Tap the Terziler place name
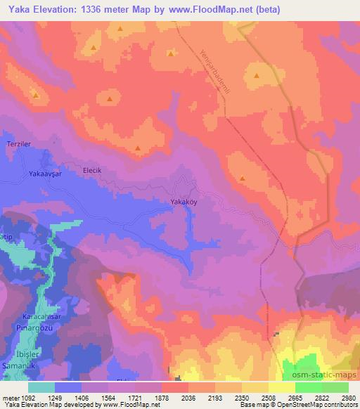click(18, 143)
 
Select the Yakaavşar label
click(47, 173)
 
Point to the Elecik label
click(93, 170)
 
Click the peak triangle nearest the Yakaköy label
click(242, 178)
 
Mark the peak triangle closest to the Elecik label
click(138, 148)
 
